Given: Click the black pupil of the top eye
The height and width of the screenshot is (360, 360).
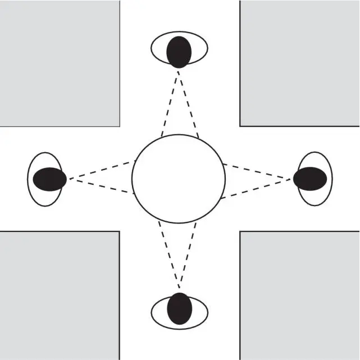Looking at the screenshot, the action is coord(179,52).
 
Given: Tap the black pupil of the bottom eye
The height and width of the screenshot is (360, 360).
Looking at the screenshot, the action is coord(179,308).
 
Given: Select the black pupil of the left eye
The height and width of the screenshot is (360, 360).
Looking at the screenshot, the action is coord(49,179).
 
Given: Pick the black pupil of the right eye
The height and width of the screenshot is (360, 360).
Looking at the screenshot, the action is coord(310,179).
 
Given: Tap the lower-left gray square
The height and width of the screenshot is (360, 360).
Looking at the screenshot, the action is coord(60,295).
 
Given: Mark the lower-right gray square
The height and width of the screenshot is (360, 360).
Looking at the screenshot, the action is coord(300,295).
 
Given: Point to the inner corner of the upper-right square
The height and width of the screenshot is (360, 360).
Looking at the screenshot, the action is coord(240,125).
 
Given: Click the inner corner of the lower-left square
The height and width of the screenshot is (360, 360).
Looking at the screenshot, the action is coord(119,231).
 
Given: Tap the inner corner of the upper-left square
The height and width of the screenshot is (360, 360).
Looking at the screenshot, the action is coord(120,125).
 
